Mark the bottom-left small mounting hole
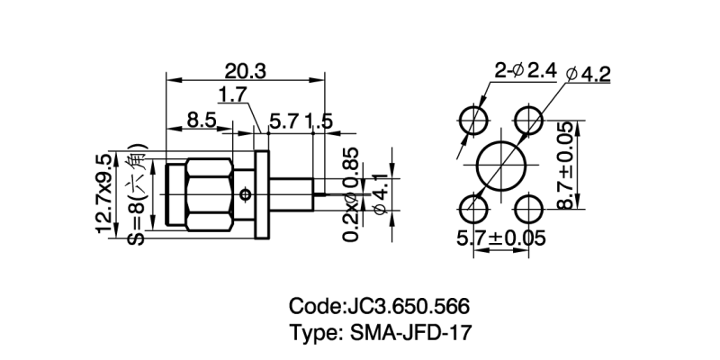coord(472,211)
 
